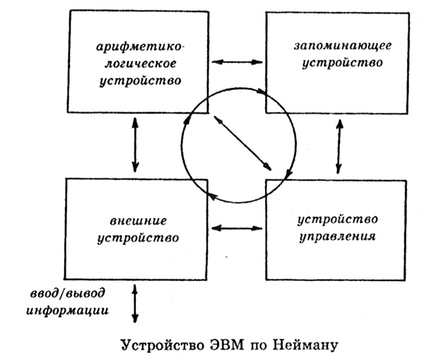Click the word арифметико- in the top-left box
(x=141, y=47)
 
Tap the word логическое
(x=141, y=64)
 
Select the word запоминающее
(x=343, y=46)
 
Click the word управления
(x=338, y=237)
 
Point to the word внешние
(x=139, y=221)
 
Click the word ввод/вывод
(x=67, y=293)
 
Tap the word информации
(x=67, y=311)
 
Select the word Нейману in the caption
(x=306, y=345)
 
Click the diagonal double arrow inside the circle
(x=242, y=143)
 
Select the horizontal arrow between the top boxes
(x=237, y=62)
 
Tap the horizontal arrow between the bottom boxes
(x=237, y=229)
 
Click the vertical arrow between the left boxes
(x=135, y=145)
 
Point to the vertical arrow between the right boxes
(x=339, y=146)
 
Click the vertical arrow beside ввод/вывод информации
(x=135, y=304)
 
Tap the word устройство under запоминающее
(x=342, y=64)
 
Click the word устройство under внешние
(x=139, y=239)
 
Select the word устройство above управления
(x=338, y=220)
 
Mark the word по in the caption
(x=259, y=346)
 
